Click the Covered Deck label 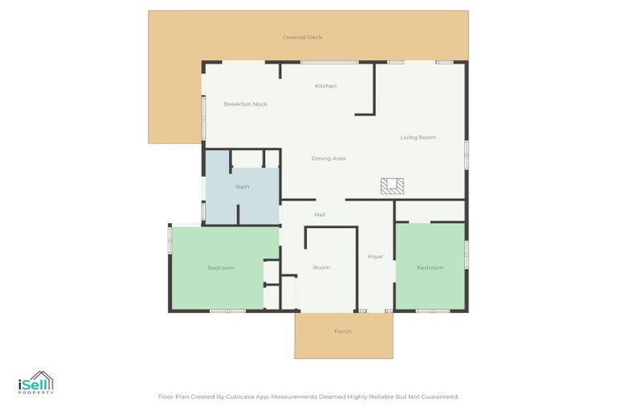pos(302,37)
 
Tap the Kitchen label pos(325,86)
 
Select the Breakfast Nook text pos(246,104)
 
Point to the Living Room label pos(418,137)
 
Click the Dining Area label pos(329,158)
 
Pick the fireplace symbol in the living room pos(392,186)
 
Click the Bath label pos(242,187)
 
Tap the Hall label pos(320,214)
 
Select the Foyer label pos(375,257)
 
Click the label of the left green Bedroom pos(221,267)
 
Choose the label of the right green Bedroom pos(430,267)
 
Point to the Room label pos(322,267)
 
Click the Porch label pos(343,332)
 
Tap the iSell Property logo pos(35,384)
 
